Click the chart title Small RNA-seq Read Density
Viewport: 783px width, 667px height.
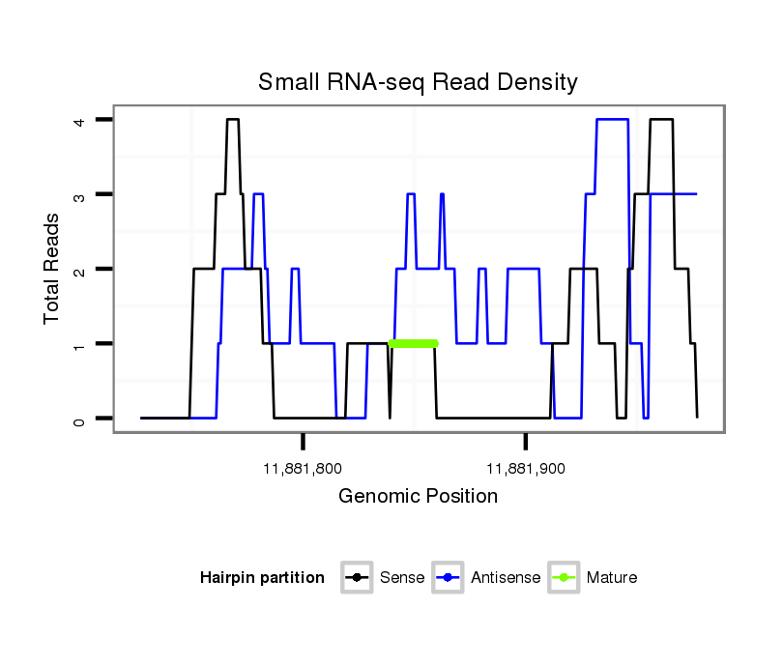(418, 82)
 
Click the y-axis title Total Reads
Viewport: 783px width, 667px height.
(52, 269)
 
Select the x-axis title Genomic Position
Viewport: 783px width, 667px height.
(418, 497)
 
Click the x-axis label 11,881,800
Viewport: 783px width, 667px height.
(303, 469)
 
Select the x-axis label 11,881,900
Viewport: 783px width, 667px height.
(526, 469)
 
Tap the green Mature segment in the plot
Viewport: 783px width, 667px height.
(413, 343)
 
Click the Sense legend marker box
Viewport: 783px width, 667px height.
(357, 578)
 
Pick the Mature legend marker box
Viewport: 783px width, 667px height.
(564, 578)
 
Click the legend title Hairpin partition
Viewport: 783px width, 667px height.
(262, 578)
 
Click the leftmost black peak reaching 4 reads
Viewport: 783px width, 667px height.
(232, 120)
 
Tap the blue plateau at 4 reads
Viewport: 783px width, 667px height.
(613, 120)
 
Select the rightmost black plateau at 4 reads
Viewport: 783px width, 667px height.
(661, 120)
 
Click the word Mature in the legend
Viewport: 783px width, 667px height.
(612, 578)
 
